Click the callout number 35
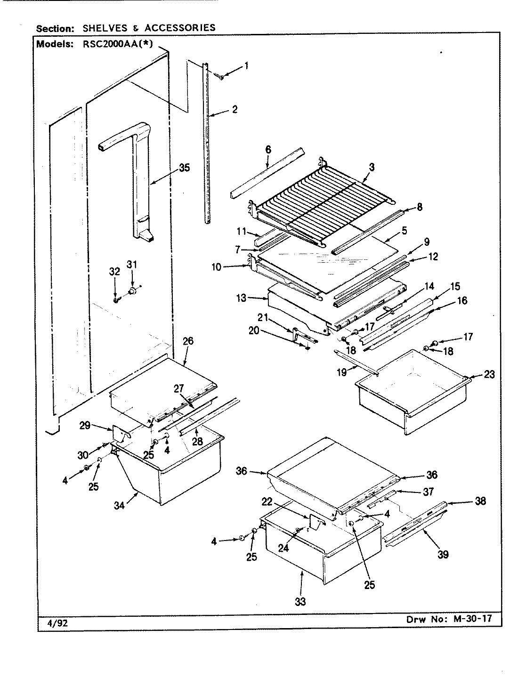pyautogui.click(x=184, y=168)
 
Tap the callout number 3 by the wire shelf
pyautogui.click(x=372, y=167)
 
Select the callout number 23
pyautogui.click(x=489, y=375)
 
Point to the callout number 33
pyautogui.click(x=300, y=601)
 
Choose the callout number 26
pyautogui.click(x=187, y=341)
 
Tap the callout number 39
pyautogui.click(x=442, y=554)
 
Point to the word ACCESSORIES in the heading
pyautogui.click(x=180, y=28)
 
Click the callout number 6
pyautogui.click(x=268, y=150)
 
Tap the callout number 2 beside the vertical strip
pyautogui.click(x=234, y=110)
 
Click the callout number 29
pyautogui.click(x=85, y=427)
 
